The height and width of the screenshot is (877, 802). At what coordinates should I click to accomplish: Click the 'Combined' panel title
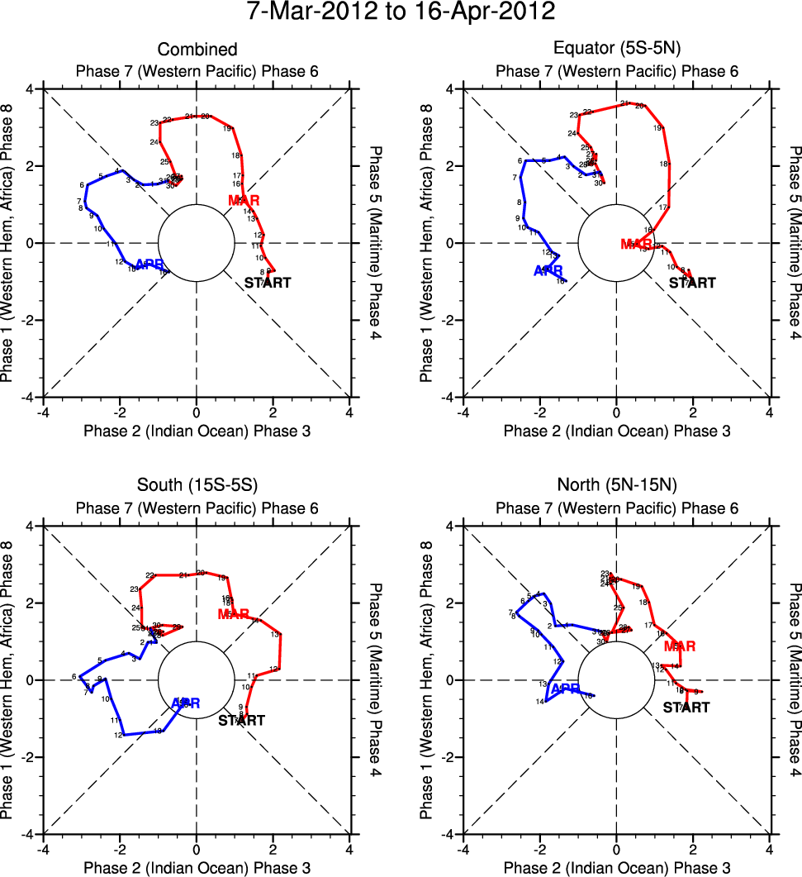[197, 50]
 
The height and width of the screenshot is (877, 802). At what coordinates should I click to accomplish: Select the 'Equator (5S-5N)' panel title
[616, 50]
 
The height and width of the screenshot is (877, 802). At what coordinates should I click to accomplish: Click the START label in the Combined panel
[268, 284]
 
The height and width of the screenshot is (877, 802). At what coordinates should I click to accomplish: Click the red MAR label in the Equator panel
[636, 244]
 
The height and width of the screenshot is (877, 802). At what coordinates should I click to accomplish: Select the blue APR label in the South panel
[186, 703]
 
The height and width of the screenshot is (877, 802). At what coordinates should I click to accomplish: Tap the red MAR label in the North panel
[679, 646]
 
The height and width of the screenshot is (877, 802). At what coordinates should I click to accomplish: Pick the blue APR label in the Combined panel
[149, 265]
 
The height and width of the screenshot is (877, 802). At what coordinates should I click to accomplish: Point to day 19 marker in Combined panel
[227, 128]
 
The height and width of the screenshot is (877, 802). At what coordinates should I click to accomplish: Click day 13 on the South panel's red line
[275, 635]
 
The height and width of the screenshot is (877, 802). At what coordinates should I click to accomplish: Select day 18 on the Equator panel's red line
[664, 164]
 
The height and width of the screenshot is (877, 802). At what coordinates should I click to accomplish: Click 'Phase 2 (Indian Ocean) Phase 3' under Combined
[197, 431]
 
